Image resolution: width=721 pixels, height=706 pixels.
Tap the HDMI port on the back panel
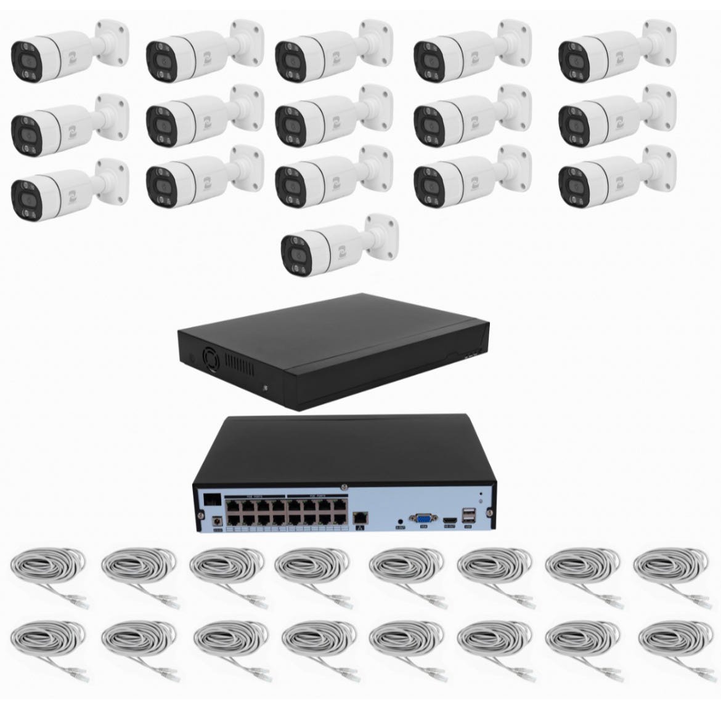450,522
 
